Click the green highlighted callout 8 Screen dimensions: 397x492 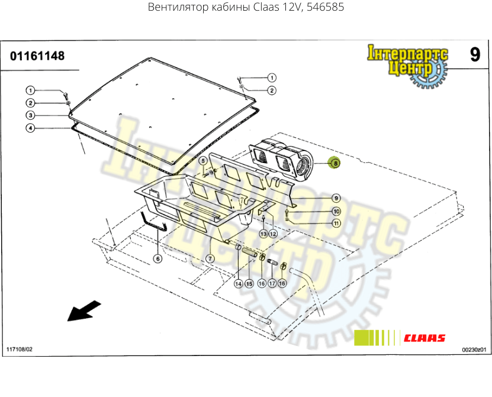(x=335, y=163)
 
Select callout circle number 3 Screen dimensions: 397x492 (x=30, y=115)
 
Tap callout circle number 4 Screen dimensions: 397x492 (x=30, y=128)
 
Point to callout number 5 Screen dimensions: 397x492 (x=202, y=161)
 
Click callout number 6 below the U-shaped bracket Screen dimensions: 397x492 (x=157, y=258)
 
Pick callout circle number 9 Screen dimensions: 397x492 (x=336, y=198)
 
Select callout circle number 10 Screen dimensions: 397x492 (x=336, y=212)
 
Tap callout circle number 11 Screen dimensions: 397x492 (x=336, y=223)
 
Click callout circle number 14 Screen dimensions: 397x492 (x=238, y=284)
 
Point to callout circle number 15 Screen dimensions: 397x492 (x=249, y=284)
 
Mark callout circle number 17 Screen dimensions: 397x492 (x=272, y=284)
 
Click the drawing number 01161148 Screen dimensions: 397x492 (x=37, y=56)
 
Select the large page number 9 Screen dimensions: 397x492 (x=475, y=55)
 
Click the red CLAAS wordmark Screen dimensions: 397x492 (x=425, y=338)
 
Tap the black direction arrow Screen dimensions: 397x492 (x=83, y=310)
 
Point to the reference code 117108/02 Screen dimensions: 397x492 (x=20, y=350)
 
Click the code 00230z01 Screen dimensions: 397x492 (x=474, y=350)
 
